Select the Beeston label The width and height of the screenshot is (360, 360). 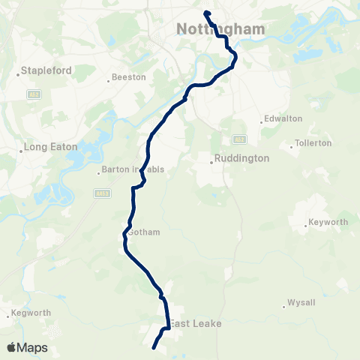pyautogui.click(x=130, y=77)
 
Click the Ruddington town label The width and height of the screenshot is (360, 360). pyautogui.click(x=241, y=158)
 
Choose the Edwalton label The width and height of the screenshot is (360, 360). pyautogui.click(x=283, y=118)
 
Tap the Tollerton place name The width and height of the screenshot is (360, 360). pyautogui.click(x=313, y=142)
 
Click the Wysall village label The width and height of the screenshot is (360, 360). pyautogui.click(x=299, y=304)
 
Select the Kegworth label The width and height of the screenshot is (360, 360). pyautogui.click(x=30, y=312)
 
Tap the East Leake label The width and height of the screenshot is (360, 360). pyautogui.click(x=195, y=323)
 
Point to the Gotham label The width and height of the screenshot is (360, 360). pyautogui.click(x=144, y=232)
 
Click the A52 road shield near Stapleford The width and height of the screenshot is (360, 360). pyautogui.click(x=34, y=94)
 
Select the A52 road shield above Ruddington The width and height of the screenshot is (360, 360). pyautogui.click(x=239, y=139)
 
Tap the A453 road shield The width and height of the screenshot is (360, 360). pyautogui.click(x=103, y=193)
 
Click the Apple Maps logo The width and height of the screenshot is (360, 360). pyautogui.click(x=27, y=347)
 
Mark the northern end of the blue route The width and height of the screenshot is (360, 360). pyautogui.click(x=205, y=12)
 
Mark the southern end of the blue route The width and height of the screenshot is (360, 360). pyautogui.click(x=154, y=347)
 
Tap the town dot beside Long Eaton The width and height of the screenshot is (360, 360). pyautogui.click(x=20, y=148)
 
